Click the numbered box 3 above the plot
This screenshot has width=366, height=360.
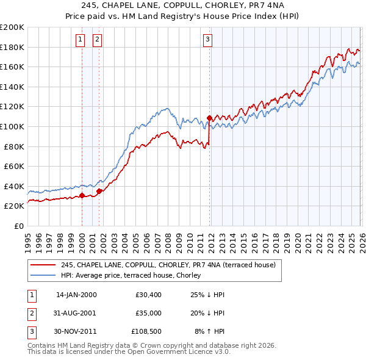[207, 40]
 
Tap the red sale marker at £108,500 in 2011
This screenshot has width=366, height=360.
[209, 117]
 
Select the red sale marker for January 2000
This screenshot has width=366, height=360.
[82, 196]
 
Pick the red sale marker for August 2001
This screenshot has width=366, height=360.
[99, 191]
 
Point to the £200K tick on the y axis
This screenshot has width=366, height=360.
[12, 27]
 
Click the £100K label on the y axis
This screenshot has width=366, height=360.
[12, 126]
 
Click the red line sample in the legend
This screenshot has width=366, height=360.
[44, 265]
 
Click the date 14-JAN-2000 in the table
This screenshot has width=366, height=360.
[76, 295]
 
